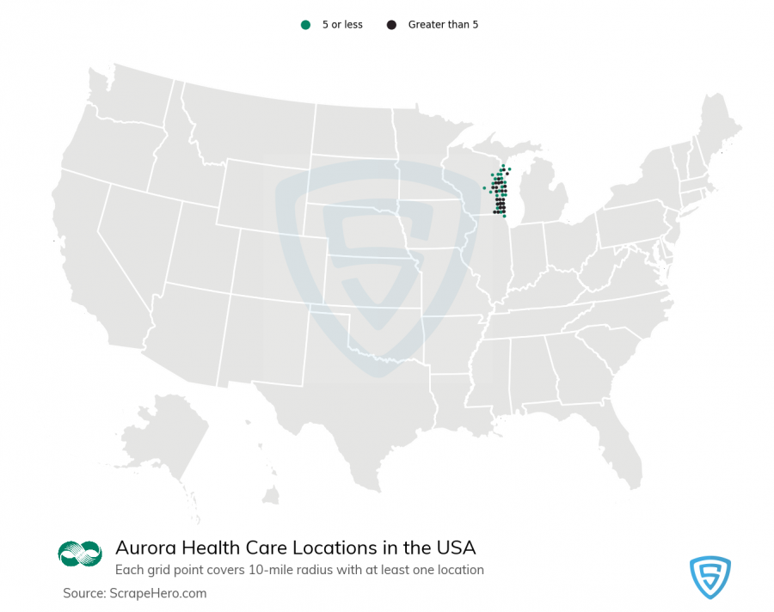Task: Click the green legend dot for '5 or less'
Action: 305,25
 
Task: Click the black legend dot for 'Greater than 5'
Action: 391,25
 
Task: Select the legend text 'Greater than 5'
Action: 443,25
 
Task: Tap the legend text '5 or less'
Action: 342,25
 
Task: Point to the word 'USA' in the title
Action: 456,548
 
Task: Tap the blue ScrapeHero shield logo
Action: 709,577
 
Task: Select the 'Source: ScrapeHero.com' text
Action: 134,593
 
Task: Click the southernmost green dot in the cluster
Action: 504,216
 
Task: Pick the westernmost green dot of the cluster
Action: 484,187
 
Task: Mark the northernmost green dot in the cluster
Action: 502,166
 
